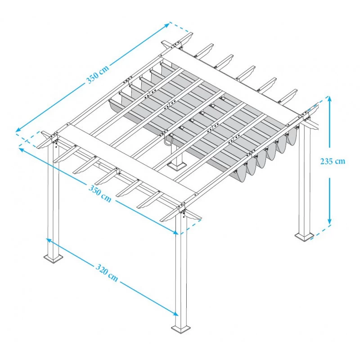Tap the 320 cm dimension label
107,273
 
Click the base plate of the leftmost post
54,258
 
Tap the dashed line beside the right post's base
323,230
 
